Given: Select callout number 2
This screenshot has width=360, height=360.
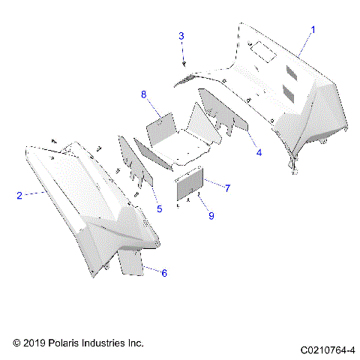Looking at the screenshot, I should (19, 195).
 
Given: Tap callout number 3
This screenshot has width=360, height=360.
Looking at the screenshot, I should (181, 36).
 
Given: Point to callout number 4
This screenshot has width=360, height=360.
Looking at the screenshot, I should (259, 152).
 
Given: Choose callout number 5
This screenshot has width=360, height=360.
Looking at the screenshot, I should (159, 208).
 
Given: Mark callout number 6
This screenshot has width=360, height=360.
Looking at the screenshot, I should (164, 272).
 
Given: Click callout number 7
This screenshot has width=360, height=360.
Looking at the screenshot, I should (227, 187).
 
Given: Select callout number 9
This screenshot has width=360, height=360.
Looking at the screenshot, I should (211, 215).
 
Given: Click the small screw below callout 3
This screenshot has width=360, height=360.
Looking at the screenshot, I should (184, 63).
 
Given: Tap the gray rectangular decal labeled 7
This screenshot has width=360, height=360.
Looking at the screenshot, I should (190, 184).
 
